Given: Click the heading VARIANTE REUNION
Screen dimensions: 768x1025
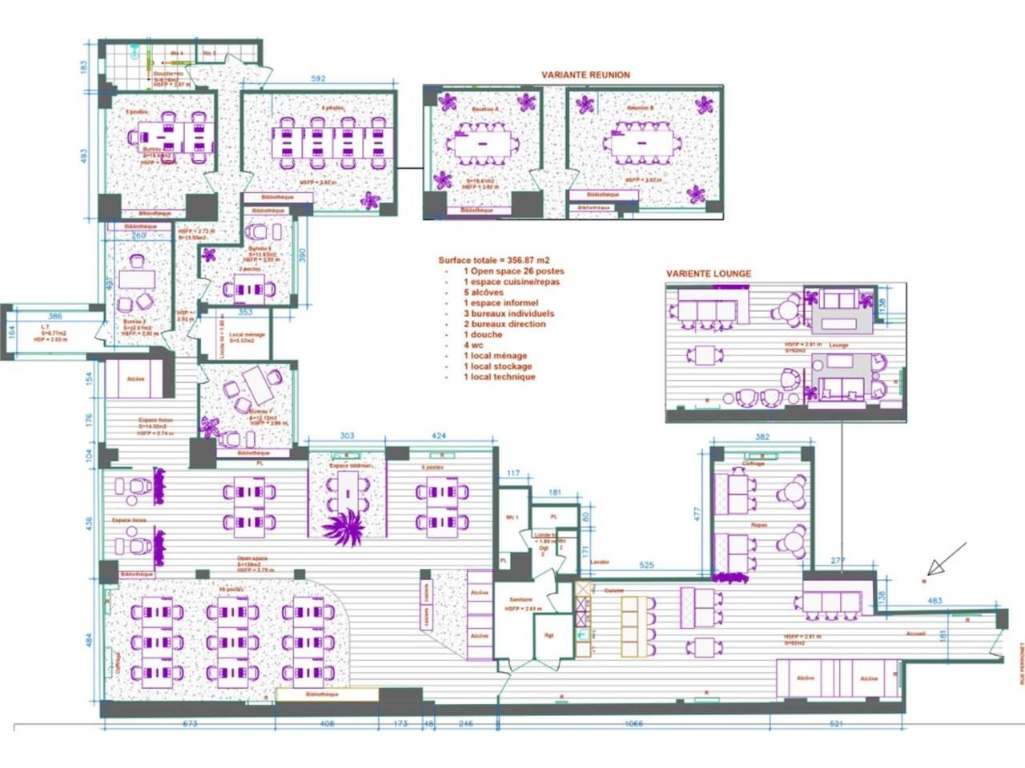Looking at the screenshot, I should point(585,75).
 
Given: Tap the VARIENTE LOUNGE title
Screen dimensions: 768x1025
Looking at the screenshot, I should point(709,274).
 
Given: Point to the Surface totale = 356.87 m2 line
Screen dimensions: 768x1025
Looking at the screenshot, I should point(493,260).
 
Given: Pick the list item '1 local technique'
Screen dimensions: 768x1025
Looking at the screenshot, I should point(499,377).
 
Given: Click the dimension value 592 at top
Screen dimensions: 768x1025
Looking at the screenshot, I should point(318,79).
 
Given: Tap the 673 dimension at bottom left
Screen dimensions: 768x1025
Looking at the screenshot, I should point(189,724).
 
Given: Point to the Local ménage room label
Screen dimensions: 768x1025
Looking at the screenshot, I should point(247,335).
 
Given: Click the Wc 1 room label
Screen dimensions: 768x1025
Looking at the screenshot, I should point(512,518).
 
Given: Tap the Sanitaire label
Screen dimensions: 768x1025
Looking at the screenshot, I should point(520,600).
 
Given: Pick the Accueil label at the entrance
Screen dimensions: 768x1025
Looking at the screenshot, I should point(916,633).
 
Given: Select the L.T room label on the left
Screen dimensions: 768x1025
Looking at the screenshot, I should point(46,327).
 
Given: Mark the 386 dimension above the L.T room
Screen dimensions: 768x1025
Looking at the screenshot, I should point(54,317).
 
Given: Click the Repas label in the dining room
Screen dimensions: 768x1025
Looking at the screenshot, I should point(758,525).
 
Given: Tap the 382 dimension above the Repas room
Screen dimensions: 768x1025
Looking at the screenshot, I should point(762,438).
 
